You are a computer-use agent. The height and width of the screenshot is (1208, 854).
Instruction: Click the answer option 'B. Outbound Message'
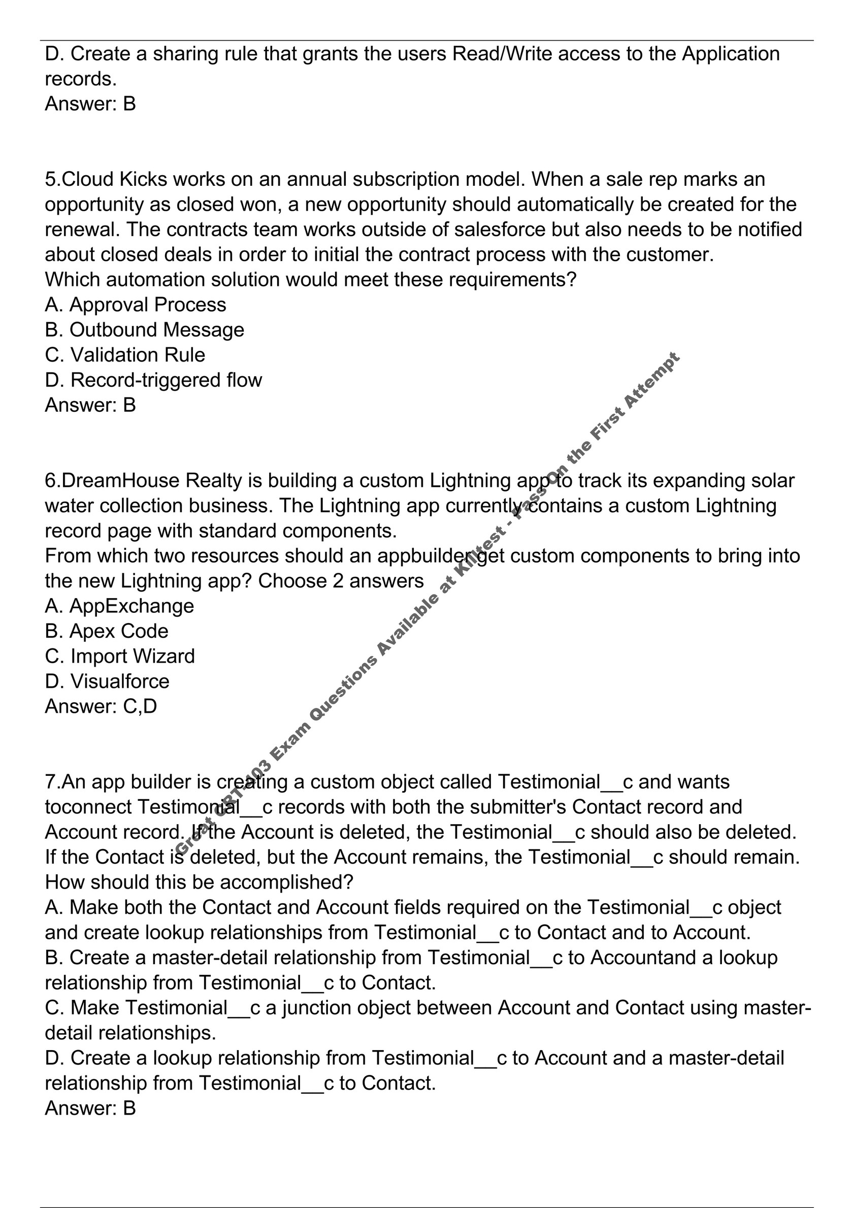[145, 330]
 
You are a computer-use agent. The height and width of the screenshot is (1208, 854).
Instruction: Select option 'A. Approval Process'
[136, 305]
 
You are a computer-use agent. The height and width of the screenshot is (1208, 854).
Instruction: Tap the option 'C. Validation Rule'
[125, 355]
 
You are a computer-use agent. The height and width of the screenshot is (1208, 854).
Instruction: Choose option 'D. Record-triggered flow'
[153, 380]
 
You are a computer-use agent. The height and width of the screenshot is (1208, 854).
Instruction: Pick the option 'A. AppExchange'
[119, 606]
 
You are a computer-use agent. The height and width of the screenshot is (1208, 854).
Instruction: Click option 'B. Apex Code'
[107, 631]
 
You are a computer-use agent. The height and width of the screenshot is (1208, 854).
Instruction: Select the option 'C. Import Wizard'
[120, 656]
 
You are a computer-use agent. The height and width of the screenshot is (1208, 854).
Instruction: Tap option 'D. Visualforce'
[107, 681]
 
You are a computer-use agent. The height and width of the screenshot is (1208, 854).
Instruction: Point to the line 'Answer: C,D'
[101, 706]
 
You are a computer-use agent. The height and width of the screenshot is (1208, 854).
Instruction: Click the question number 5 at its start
[52, 180]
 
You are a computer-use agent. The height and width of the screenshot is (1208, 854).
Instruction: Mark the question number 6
[52, 481]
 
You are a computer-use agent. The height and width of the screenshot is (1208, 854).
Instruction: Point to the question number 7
[52, 782]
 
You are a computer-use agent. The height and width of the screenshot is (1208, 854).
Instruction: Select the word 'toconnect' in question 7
[88, 807]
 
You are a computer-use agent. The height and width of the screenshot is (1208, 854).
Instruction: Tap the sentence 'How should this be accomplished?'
[199, 883]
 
